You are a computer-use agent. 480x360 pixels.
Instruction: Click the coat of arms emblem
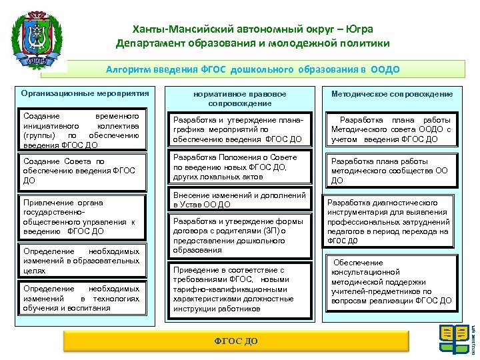(39, 39)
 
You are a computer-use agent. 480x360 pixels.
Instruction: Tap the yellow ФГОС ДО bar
(235, 341)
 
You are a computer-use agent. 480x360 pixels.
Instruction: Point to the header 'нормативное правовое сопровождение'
(239, 99)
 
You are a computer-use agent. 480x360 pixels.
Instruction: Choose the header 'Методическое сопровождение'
(391, 94)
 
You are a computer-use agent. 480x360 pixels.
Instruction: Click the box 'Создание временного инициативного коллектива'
(81, 130)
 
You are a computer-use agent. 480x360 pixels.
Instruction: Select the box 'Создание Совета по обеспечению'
(81, 171)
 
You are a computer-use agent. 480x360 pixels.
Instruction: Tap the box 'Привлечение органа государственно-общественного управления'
(81, 217)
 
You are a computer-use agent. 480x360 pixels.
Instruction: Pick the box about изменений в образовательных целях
(81, 261)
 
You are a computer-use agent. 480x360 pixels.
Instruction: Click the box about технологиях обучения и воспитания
(81, 299)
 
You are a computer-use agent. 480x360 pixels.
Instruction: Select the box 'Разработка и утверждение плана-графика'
(239, 130)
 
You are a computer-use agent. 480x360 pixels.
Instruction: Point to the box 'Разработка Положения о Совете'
(239, 167)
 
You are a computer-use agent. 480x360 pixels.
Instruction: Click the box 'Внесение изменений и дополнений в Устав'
(239, 200)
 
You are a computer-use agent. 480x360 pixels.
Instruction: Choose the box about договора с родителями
(239, 235)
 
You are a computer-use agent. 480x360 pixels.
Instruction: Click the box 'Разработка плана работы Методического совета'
(391, 130)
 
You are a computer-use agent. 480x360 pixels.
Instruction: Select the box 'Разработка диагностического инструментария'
(389, 221)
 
